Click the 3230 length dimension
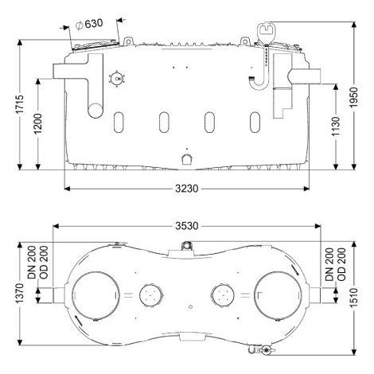click(x=186, y=189)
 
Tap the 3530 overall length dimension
click(x=186, y=226)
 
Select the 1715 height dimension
click(x=20, y=104)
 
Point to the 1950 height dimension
click(x=353, y=97)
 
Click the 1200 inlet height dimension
click(x=38, y=124)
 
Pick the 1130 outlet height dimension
click(x=336, y=127)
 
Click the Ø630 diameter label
click(x=89, y=24)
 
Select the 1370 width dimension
click(x=20, y=294)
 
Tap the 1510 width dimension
click(x=353, y=298)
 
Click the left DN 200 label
click(x=32, y=263)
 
